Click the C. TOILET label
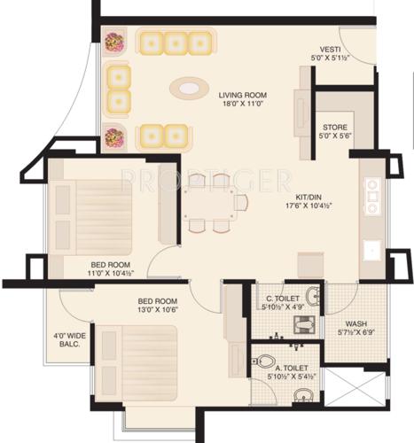coord(275,299)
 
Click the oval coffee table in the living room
coord(188,88)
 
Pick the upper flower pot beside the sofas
coord(113,41)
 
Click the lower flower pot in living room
coord(113,137)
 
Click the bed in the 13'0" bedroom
coord(137,363)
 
